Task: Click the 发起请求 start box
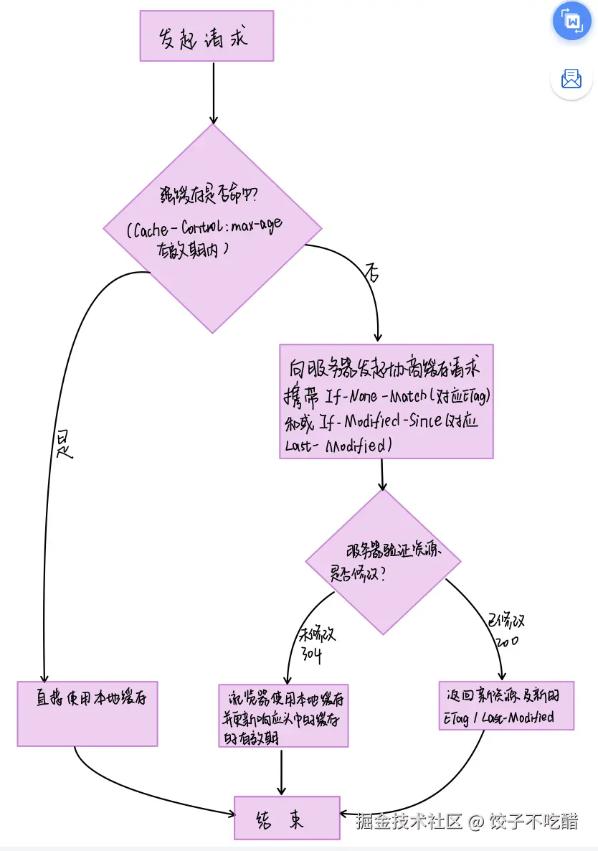207,36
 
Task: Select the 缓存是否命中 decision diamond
212,287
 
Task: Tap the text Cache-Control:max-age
205,227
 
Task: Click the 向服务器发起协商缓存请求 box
386,401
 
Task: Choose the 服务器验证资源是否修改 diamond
383,562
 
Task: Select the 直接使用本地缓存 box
87,714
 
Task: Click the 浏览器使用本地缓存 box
283,715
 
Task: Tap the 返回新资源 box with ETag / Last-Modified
506,705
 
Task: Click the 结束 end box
287,817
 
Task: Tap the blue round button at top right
572,21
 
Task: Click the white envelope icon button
571,79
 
